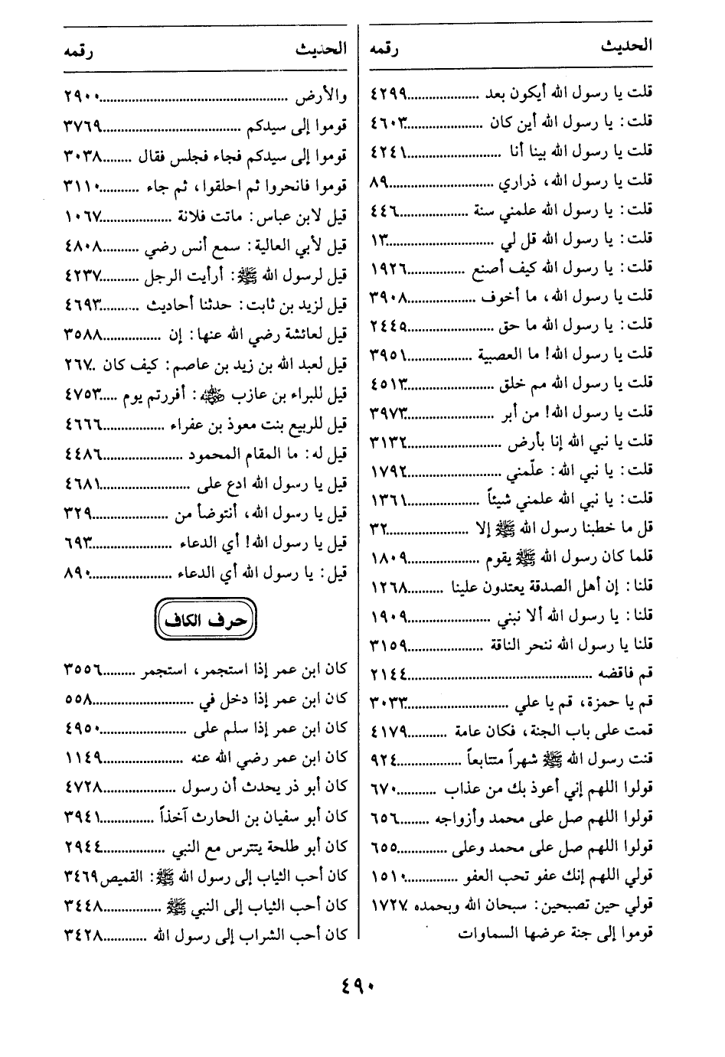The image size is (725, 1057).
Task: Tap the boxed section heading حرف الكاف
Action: point(205,620)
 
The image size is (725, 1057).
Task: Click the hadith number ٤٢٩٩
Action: point(389,93)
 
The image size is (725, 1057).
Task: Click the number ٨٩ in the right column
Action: point(380,181)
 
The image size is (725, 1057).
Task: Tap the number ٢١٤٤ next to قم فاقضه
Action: point(389,673)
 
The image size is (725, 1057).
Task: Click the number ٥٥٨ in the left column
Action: point(78,699)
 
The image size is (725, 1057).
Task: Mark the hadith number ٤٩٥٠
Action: point(83,728)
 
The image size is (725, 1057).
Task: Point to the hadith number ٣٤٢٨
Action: point(83,934)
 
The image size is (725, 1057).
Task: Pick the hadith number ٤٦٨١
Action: point(83,484)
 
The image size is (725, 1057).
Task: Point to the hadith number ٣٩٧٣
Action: point(389,413)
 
